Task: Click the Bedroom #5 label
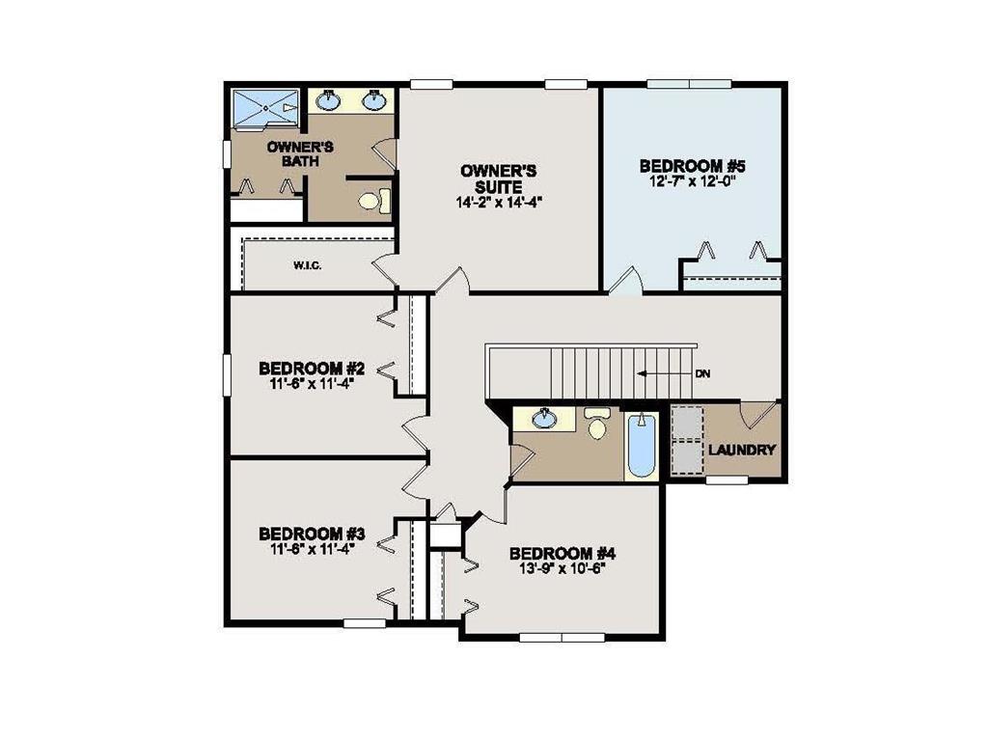[x=693, y=166]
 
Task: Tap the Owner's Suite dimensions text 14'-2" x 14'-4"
[x=491, y=203]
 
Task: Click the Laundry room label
[x=743, y=450]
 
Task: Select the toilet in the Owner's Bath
[x=373, y=201]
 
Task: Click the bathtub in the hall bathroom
[x=642, y=445]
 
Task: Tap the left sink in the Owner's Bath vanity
[x=330, y=98]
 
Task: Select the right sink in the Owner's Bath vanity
[x=373, y=98]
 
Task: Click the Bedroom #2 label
[x=311, y=368]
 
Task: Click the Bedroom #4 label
[x=562, y=553]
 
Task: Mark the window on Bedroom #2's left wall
[x=227, y=374]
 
